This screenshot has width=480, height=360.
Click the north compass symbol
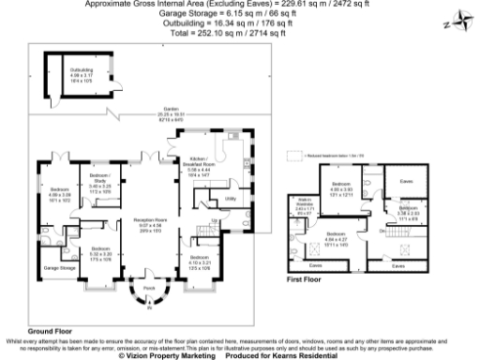coord(457,17)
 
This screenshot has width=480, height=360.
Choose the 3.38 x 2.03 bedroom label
coord(409,212)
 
